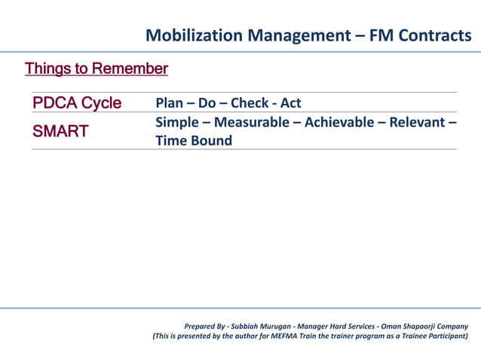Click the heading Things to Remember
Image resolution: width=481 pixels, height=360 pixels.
click(96, 69)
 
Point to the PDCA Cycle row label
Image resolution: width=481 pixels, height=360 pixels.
click(76, 103)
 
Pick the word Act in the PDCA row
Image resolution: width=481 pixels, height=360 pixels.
click(291, 103)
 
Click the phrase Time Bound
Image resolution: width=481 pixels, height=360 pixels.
click(194, 141)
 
